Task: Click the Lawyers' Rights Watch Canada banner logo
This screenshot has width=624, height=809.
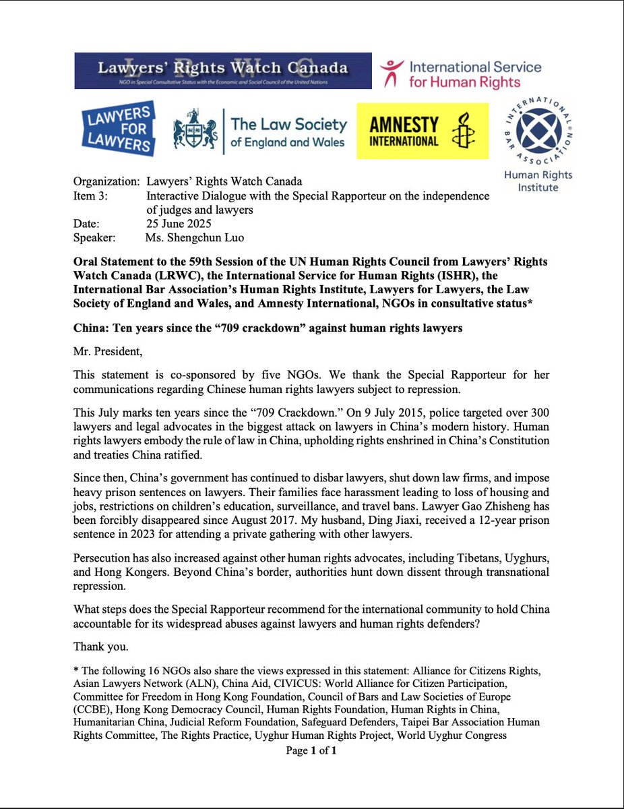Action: (222, 70)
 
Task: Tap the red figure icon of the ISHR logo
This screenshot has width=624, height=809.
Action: (392, 73)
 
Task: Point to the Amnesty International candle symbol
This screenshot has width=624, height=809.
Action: (462, 131)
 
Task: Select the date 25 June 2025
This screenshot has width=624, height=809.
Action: (179, 224)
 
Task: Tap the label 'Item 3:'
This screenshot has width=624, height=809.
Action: (90, 196)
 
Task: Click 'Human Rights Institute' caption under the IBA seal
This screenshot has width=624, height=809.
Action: (538, 181)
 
